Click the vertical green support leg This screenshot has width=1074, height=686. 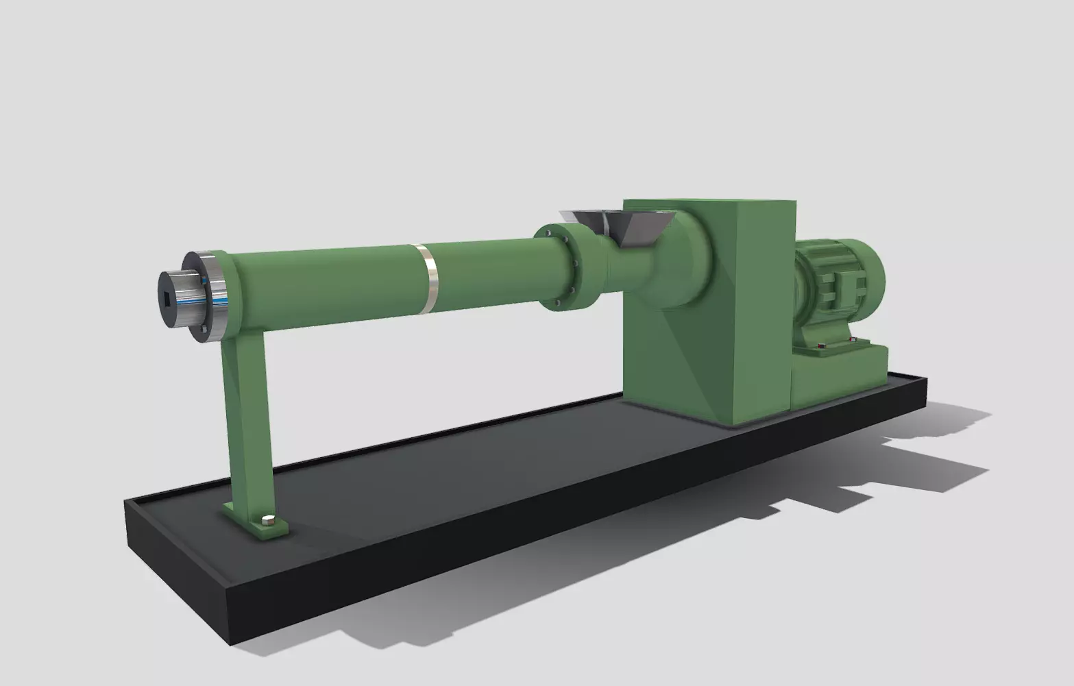point(247,418)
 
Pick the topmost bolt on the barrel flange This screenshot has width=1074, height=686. point(549,233)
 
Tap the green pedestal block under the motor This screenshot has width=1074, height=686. point(840,377)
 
